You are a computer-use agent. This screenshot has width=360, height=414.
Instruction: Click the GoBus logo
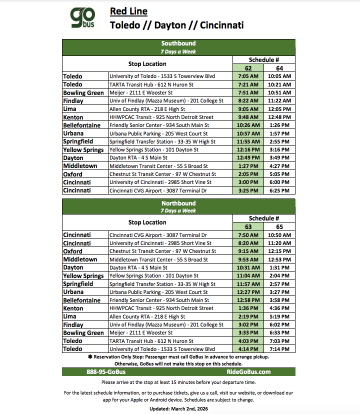pos(82,18)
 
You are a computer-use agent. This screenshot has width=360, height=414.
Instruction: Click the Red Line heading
pos(128,11)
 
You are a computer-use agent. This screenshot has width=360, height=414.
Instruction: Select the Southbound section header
pos(178,43)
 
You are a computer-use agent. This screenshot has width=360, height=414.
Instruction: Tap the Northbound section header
pos(178,203)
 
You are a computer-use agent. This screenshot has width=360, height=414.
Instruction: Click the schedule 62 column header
pos(248,68)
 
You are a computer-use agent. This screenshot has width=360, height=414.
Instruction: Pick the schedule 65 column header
pos(279,226)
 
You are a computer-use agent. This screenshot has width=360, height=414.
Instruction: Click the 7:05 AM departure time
pos(248,76)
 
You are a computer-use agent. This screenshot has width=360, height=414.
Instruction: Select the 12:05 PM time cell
pos(279,109)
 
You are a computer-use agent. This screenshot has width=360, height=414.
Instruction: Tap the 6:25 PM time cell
pos(279,190)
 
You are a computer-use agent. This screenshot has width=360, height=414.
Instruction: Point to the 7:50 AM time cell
pos(248,235)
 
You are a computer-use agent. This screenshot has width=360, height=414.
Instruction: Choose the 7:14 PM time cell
pos(279,349)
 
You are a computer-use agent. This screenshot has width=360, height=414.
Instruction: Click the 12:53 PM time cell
pos(279,259)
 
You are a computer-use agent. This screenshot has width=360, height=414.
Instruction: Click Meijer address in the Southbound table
pos(141,93)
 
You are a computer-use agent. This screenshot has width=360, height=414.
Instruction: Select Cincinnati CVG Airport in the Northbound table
pos(158,235)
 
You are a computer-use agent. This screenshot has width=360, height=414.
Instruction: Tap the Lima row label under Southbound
pos(70,109)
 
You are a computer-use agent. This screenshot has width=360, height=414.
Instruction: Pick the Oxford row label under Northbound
pos(73,251)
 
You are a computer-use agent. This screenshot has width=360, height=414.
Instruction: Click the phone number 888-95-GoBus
pos(106,372)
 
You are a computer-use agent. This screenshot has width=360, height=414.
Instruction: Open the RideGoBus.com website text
pos(248,372)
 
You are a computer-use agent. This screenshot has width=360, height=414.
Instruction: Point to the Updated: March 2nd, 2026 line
pos(178,408)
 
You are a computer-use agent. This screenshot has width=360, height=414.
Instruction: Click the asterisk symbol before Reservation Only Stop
pos(90,357)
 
